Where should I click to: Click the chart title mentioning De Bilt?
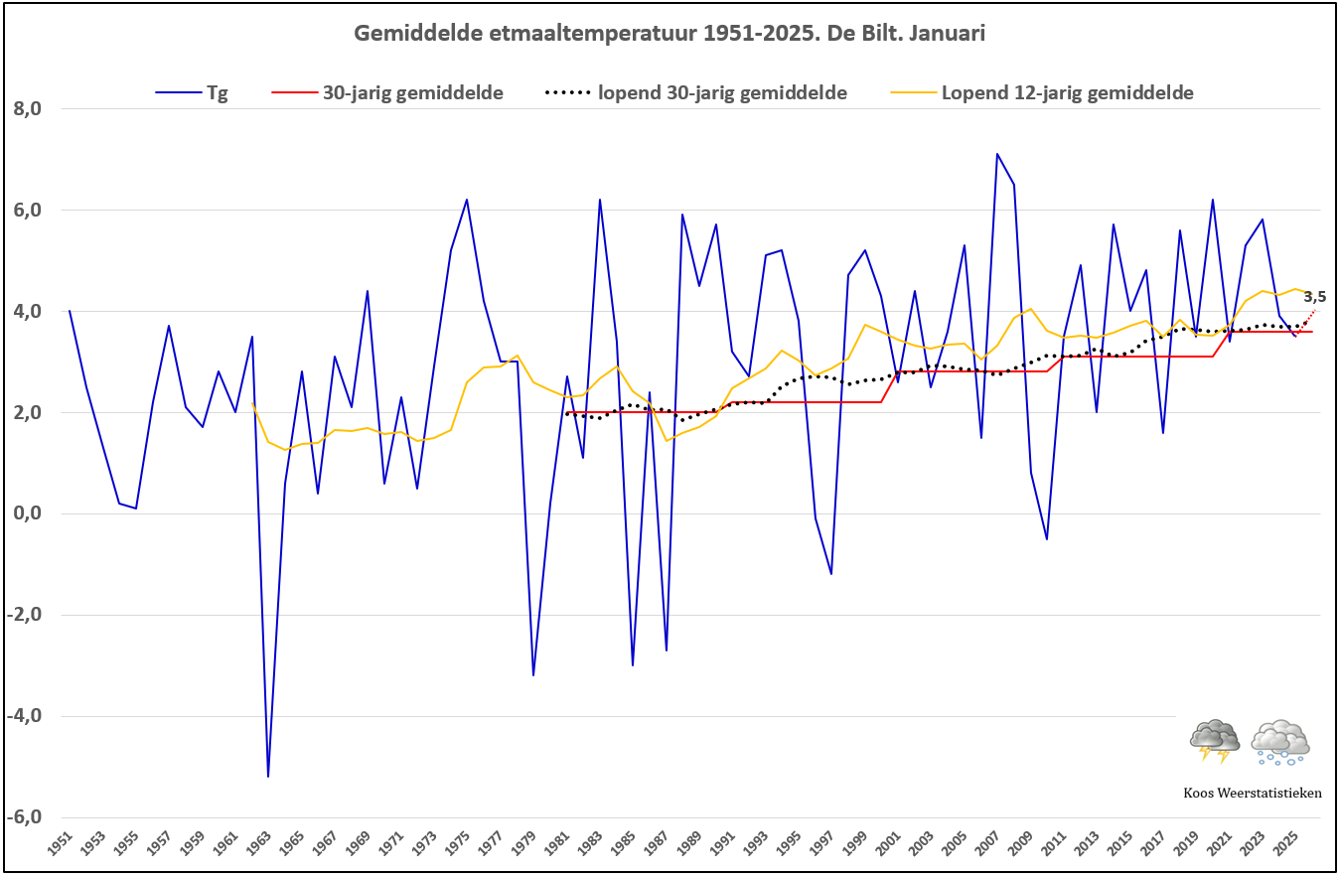point(669,34)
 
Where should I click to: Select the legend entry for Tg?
point(192,93)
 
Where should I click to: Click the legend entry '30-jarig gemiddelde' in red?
point(387,93)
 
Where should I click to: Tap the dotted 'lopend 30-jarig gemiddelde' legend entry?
point(696,93)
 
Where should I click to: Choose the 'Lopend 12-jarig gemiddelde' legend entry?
point(1042,93)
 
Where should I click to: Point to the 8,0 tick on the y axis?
point(28,108)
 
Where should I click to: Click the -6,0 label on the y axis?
point(25,816)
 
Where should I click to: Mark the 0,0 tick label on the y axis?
point(28,513)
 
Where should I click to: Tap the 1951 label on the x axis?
point(61,844)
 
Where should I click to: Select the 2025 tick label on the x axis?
point(1285,844)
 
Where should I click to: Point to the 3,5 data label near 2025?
point(1315,297)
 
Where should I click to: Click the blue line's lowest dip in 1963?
point(268,777)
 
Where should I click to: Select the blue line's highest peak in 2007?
point(997,154)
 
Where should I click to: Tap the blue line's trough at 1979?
point(533,675)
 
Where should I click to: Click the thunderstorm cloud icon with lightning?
point(1214,741)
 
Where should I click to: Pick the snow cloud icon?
point(1279,743)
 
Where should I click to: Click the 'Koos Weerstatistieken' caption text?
point(1253,793)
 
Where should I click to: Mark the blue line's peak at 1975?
point(467,200)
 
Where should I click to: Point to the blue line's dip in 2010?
point(1047,539)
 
